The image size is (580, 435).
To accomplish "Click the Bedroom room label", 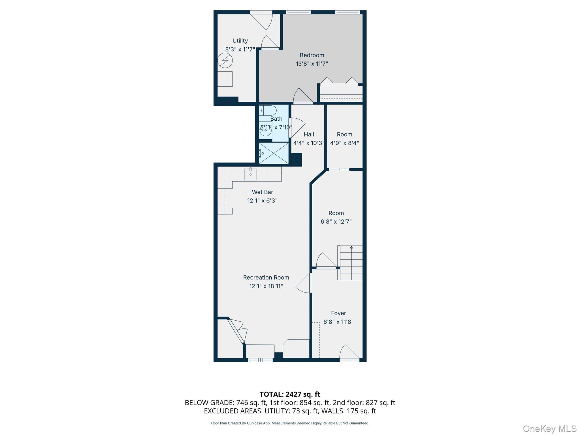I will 312,55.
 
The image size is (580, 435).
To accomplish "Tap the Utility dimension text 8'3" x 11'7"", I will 240,50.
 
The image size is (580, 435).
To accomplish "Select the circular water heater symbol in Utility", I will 225,61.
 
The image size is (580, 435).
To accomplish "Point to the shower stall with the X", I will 274,153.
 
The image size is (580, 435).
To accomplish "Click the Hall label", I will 309,135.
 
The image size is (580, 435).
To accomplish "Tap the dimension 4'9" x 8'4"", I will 344,143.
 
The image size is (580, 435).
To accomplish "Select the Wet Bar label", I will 262,192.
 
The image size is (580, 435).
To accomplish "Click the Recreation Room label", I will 266,278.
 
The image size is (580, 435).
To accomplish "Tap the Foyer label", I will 338,313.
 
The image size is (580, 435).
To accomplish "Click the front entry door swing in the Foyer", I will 348,353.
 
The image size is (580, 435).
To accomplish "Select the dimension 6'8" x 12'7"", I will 336,222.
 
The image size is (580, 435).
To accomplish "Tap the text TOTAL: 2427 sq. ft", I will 290,394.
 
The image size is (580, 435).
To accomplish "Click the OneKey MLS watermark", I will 549,428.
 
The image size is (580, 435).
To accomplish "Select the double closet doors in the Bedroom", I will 339,81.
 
